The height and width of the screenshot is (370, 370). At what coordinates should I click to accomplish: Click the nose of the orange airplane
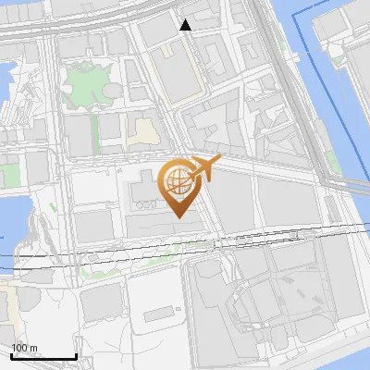(x=219, y=162)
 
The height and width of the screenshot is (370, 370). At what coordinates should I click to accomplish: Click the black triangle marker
(x=185, y=25)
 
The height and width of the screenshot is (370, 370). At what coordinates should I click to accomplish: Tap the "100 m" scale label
(x=23, y=348)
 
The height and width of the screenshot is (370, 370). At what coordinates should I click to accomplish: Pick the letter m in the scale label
(x=32, y=348)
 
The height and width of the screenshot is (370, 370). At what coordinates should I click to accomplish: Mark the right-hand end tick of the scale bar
(x=76, y=353)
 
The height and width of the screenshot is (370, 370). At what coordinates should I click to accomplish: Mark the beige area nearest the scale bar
(x=7, y=305)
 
